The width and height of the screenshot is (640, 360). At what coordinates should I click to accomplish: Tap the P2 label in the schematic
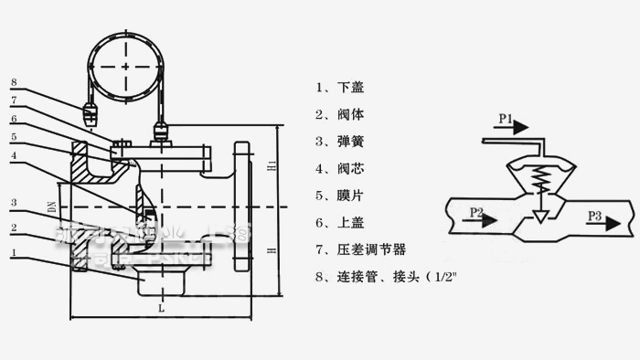pos(475,213)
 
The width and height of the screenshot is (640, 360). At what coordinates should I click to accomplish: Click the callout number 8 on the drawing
pos(14,83)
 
